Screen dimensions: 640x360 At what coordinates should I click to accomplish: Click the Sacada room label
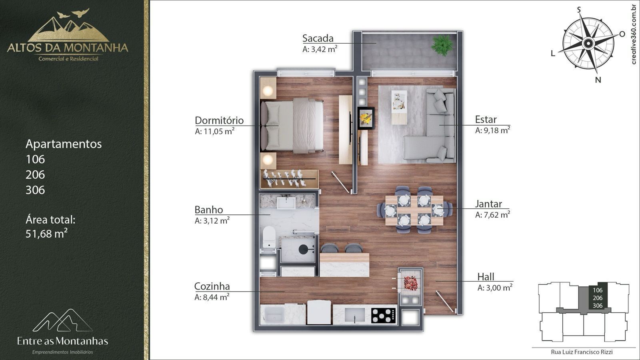pos(318,38)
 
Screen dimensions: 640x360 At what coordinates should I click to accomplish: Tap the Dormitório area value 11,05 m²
pos(214,131)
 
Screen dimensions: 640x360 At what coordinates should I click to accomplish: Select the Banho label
pos(208,210)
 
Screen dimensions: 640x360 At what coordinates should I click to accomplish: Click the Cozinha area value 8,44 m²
pos(212,297)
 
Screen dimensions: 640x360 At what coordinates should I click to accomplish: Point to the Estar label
pos(486,120)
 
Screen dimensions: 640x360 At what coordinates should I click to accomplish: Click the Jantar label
pos(488,204)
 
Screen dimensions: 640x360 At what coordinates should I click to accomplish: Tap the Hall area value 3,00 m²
pos(495,288)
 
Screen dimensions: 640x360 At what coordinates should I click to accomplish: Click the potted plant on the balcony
pos(442,45)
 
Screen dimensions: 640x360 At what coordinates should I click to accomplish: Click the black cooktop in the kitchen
pos(384,316)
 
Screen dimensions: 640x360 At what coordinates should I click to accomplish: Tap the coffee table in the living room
pos(399,108)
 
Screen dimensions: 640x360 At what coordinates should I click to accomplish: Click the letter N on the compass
pos(598,80)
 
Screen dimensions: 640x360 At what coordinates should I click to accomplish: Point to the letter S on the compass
pos(579,10)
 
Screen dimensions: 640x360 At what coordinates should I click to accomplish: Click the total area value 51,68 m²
pos(46,234)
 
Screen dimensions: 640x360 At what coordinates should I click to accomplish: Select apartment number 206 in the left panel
pos(35,174)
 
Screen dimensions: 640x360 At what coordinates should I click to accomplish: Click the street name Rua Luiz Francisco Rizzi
pos(582,352)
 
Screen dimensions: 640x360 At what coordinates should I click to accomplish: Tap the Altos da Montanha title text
pos(68,48)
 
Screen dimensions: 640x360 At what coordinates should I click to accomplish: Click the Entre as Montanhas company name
pos(62,341)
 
